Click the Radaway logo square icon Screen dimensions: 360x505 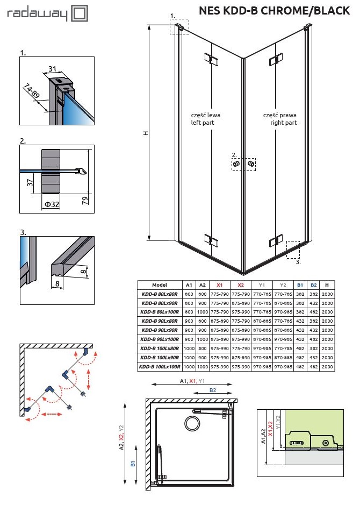[x=79, y=13]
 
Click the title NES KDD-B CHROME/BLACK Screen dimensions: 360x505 [x=274, y=11]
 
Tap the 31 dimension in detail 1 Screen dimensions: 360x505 [x=53, y=69]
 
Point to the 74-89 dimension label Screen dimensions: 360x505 [x=32, y=90]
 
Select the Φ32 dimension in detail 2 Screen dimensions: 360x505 [x=52, y=204]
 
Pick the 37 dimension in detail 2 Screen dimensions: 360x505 [x=30, y=183]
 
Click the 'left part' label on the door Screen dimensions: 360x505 [x=203, y=123]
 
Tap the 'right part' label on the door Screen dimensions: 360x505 [x=283, y=123]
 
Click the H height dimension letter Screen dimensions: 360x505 [x=146, y=133]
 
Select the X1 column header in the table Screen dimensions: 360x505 [x=219, y=285]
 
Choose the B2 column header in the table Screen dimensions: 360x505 [x=314, y=285]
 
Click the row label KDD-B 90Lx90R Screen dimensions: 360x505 [x=160, y=330]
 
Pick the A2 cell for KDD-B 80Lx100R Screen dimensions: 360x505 [x=203, y=312]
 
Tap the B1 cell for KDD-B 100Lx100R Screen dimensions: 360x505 [x=300, y=366]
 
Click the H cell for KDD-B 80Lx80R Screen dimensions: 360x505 [x=327, y=294]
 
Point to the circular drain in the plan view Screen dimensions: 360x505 [x=192, y=423]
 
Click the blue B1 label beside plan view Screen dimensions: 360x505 [x=133, y=464]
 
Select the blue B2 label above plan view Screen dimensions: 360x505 [x=213, y=390]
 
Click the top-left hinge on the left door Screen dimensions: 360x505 [x=211, y=59]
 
